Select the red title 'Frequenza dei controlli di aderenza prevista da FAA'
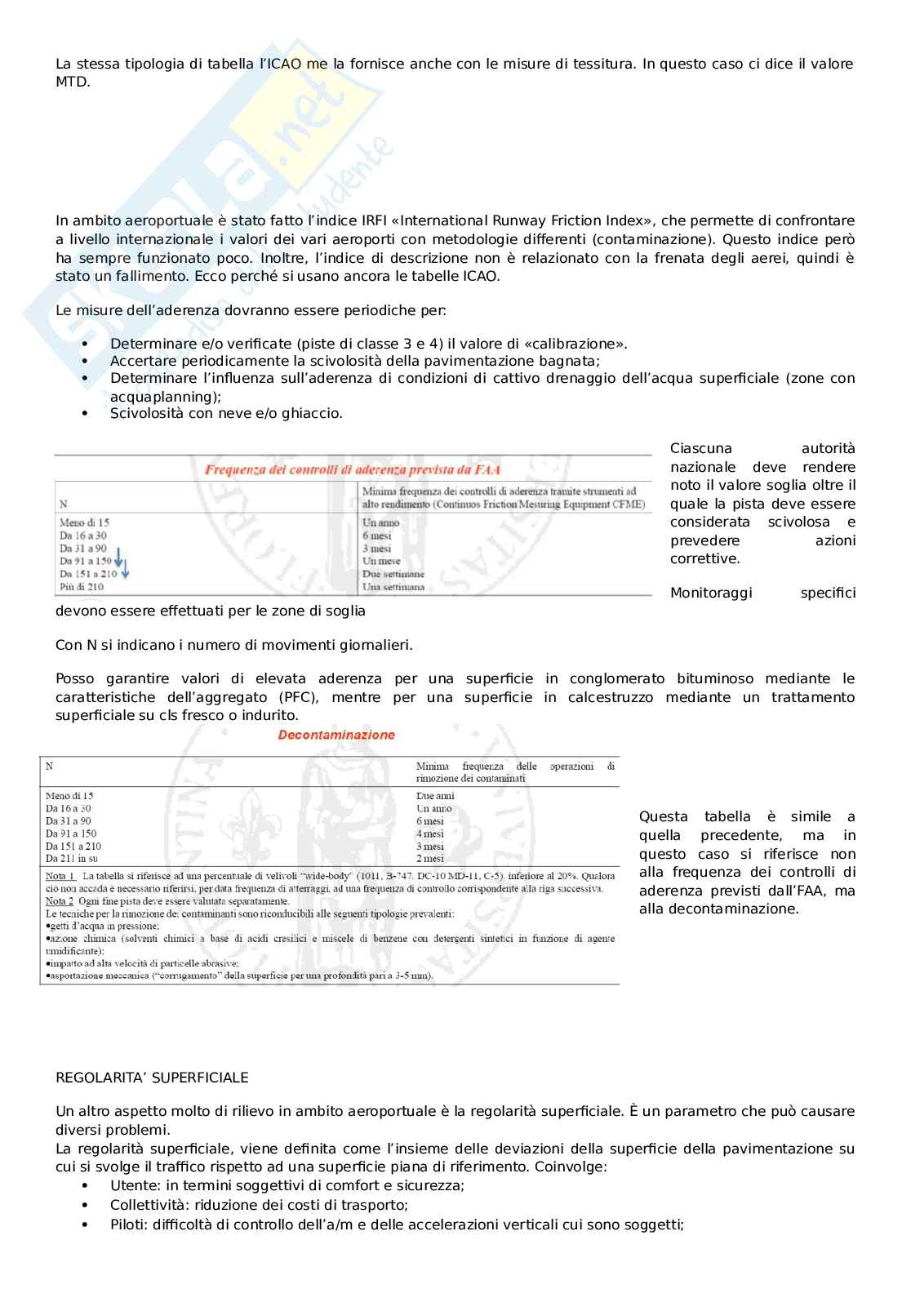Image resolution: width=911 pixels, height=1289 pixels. tap(352, 469)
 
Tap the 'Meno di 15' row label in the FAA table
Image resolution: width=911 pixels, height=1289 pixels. tap(84, 522)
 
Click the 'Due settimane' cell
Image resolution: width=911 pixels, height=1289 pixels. tap(393, 574)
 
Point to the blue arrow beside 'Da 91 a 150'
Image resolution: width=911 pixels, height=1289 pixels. tap(118, 558)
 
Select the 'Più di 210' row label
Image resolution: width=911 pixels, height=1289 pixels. tap(82, 587)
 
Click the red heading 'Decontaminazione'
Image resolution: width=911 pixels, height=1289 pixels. tap(336, 735)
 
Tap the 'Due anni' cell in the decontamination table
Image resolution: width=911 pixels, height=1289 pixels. tap(435, 796)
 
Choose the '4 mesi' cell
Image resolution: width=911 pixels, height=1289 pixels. tap(430, 834)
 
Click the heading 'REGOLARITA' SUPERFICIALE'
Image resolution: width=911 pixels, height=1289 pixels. tap(152, 1078)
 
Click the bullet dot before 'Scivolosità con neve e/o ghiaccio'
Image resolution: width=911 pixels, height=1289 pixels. tap(85, 414)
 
